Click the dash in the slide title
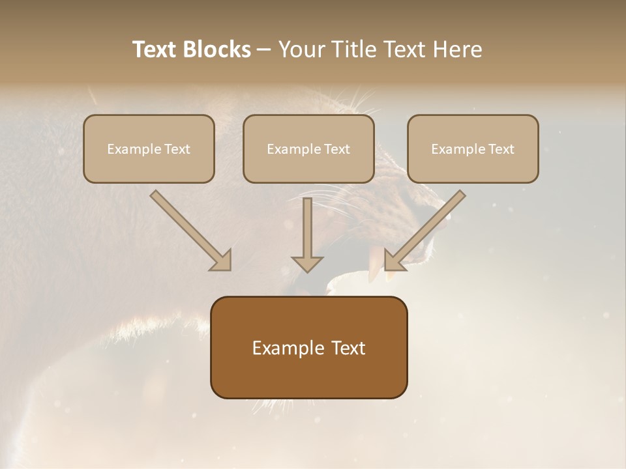click(264, 50)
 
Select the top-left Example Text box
click(149, 149)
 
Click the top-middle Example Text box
click(308, 149)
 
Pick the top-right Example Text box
click(473, 149)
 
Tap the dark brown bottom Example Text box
click(308, 347)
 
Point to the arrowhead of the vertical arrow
click(307, 263)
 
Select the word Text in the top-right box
click(501, 149)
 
